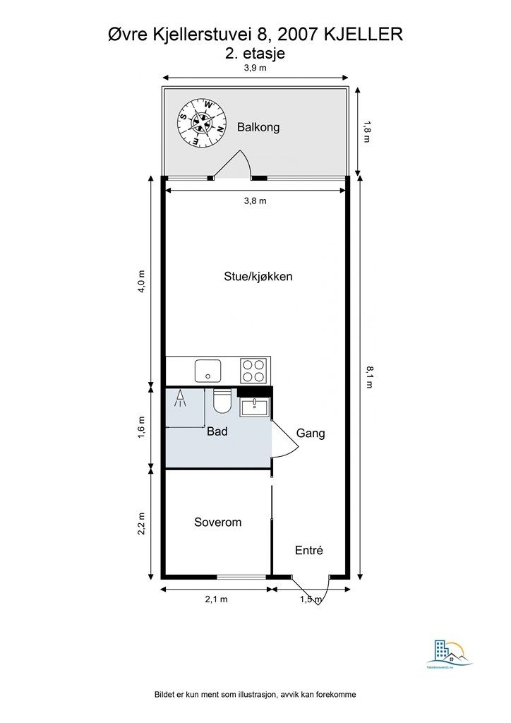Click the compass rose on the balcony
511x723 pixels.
coord(203,122)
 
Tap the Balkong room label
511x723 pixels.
coord(258,127)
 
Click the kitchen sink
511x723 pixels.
coord(208,369)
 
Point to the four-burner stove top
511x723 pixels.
coord(254,369)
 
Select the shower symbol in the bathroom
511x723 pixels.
coord(180,400)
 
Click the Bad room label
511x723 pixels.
coord(217,431)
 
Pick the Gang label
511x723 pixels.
coord(311,433)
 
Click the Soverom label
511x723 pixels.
coord(217,522)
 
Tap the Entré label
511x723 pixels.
coord(308,550)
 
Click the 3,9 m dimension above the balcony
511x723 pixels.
coord(255,68)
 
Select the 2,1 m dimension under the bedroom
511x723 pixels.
coord(216,599)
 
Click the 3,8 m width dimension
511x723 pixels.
coord(255,201)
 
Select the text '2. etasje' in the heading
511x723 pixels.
coord(255,52)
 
